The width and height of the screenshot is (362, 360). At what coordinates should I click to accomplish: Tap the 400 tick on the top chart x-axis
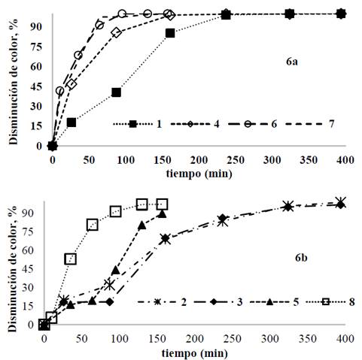(341, 160)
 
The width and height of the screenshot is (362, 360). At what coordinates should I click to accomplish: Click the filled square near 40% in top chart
(116, 92)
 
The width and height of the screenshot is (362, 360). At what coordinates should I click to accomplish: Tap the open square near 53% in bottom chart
(70, 259)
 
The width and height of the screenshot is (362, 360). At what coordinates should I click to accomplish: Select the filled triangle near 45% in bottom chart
(116, 270)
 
